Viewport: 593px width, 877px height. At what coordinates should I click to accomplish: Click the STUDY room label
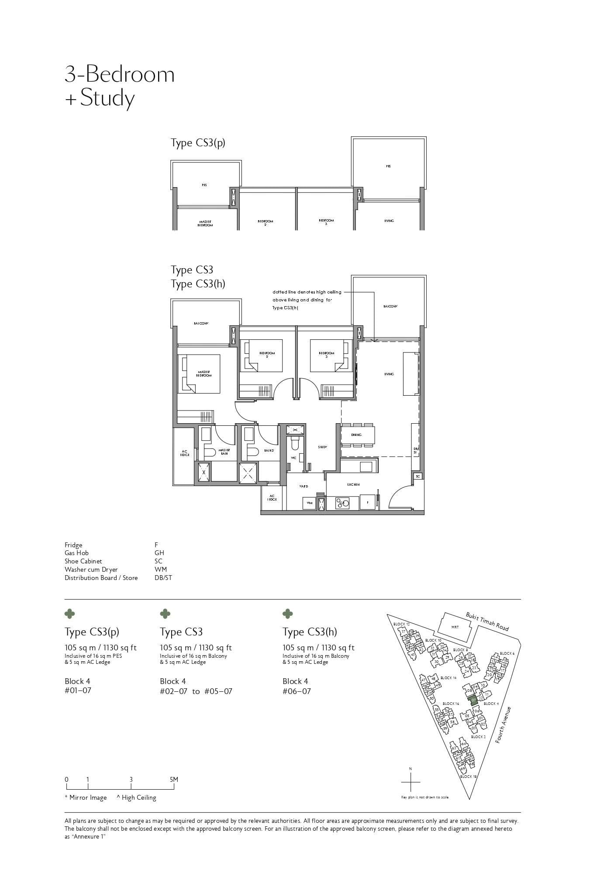(322, 447)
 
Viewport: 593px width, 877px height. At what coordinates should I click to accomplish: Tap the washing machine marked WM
(309, 503)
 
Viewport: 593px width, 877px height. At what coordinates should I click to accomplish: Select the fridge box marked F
(368, 503)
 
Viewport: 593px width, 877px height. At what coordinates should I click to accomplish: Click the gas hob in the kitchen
(342, 503)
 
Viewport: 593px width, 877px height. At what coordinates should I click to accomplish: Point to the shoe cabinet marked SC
(418, 476)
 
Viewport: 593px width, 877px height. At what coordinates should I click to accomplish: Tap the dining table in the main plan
(358, 435)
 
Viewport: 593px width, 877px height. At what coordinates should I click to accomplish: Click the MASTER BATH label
(224, 451)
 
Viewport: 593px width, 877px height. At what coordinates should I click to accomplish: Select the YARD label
(303, 486)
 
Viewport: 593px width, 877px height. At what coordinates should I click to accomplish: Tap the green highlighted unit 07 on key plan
(473, 700)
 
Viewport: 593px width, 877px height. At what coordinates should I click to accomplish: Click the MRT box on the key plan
(455, 628)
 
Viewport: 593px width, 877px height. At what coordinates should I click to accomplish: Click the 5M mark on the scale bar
(174, 780)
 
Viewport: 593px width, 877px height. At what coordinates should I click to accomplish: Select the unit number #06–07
(296, 691)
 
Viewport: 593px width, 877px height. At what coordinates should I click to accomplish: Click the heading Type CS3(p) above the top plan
(198, 143)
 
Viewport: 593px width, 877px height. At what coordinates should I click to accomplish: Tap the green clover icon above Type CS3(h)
(287, 614)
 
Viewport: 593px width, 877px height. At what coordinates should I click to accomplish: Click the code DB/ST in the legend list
(163, 578)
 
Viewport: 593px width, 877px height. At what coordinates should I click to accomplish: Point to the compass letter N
(410, 768)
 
